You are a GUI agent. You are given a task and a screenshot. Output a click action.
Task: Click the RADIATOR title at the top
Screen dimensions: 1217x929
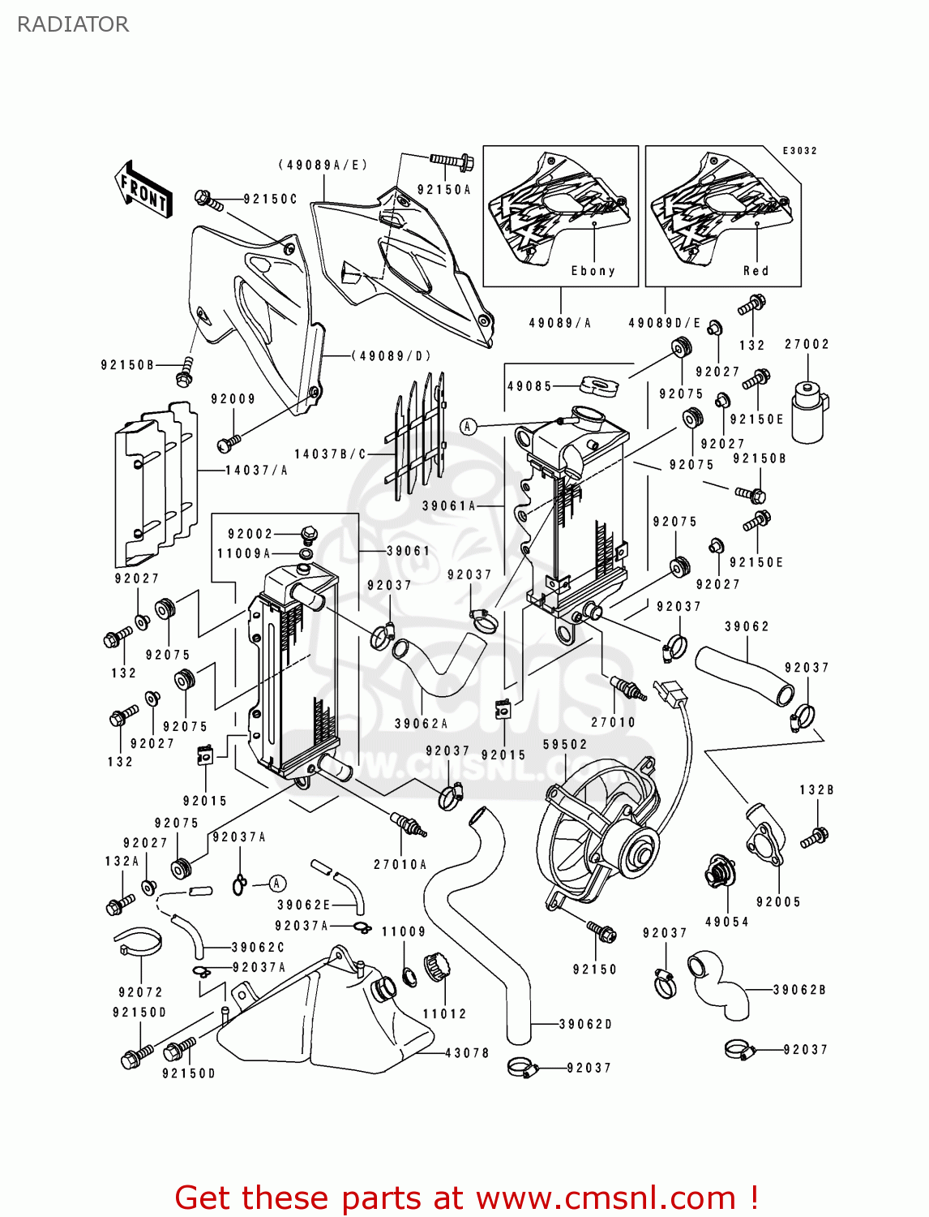[73, 24]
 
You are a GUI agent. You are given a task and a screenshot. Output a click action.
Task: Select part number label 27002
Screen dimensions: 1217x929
[807, 344]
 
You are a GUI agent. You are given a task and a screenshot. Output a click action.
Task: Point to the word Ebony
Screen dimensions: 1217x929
[593, 271]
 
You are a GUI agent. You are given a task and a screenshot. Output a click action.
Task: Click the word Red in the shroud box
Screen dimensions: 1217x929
[756, 271]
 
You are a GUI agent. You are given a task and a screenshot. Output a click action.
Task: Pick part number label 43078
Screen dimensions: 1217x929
[467, 1053]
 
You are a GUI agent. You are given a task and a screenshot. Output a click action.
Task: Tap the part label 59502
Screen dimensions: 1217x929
[565, 744]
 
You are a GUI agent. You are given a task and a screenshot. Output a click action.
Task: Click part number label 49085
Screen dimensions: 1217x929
[529, 386]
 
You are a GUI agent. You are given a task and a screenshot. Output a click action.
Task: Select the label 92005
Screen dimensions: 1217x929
[778, 901]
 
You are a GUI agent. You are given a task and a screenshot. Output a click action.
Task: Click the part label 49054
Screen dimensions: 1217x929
[727, 922]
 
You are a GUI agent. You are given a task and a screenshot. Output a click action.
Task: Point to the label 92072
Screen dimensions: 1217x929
[140, 992]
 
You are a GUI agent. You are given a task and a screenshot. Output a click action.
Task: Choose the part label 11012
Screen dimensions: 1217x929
[444, 1013]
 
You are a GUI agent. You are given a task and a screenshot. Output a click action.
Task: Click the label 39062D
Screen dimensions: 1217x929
[585, 1024]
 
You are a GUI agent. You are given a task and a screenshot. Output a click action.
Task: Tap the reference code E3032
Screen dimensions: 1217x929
[799, 151]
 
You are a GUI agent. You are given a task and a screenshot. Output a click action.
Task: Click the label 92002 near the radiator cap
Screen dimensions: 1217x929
[250, 534]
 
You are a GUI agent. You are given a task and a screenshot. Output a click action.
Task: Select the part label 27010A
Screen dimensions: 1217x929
[400, 865]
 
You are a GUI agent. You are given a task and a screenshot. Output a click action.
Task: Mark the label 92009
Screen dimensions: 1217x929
[233, 399]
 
